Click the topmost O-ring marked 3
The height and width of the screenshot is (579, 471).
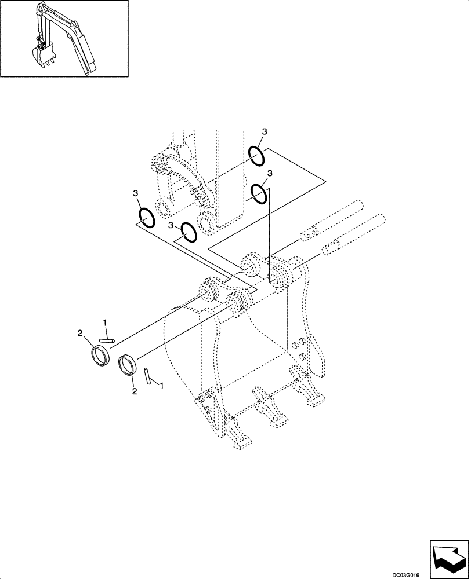tap(258, 155)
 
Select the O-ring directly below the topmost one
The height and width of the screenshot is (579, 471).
tap(259, 193)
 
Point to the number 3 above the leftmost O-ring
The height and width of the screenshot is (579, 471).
tap(135, 193)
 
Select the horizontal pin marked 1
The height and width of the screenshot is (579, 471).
tap(108, 340)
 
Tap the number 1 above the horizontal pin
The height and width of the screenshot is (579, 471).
tap(104, 322)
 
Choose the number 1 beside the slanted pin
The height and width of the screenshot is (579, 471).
tap(161, 385)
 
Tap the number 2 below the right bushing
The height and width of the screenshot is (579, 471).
tap(134, 391)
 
